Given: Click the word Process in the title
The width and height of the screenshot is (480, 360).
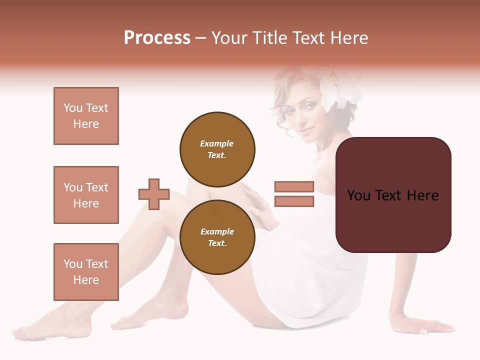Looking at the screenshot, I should [157, 38].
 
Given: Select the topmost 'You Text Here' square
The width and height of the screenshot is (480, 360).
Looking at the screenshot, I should [86, 116].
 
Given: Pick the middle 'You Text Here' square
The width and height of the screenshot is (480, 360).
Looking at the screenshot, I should [86, 195].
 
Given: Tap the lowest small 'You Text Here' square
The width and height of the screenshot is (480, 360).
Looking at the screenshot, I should [86, 272].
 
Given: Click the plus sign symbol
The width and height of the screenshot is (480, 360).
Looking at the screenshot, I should [154, 194].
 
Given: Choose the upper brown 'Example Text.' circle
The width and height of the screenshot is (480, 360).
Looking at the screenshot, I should [217, 149].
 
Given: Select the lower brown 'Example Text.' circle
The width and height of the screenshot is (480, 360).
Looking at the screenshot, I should [217, 237].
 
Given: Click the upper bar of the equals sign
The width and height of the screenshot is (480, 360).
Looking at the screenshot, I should [294, 187].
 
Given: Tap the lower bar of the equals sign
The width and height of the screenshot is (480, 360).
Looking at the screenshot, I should [294, 201].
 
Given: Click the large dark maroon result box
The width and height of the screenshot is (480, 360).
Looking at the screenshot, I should [393, 195].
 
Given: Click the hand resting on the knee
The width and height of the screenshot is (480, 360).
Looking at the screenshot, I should [257, 205].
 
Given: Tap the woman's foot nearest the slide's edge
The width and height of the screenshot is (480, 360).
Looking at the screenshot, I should [30, 330].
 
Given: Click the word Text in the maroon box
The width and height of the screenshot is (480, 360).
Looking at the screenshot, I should [392, 195].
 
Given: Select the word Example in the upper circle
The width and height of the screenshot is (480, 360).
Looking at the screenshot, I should [217, 143].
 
